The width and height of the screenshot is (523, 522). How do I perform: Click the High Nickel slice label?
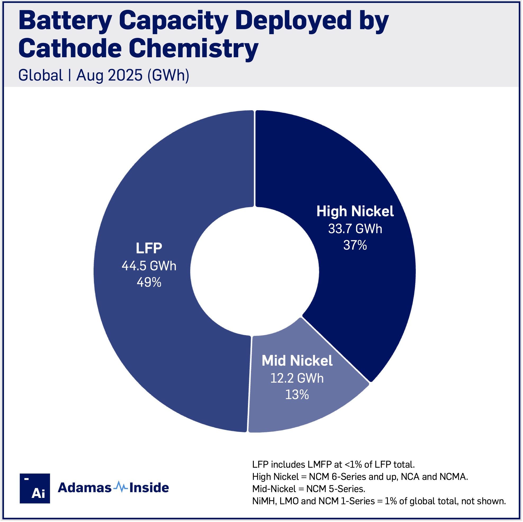[355, 211]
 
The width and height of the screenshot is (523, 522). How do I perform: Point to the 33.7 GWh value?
[355, 229]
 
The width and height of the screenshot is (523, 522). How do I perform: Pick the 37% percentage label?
[355, 245]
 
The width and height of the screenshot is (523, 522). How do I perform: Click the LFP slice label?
[149, 248]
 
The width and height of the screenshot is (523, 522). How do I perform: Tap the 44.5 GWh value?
[149, 266]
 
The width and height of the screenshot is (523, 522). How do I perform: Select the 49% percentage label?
[149, 282]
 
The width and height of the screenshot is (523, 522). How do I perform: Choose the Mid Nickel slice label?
[297, 361]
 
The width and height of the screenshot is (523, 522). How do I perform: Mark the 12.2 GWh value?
[297, 378]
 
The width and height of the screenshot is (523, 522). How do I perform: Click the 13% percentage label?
[297, 395]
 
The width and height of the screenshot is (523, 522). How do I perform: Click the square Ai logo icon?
[35, 488]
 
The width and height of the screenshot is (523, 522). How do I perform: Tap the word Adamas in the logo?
[85, 488]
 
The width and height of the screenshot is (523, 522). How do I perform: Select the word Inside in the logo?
[149, 488]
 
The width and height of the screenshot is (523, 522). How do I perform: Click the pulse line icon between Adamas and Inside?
[121, 487]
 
